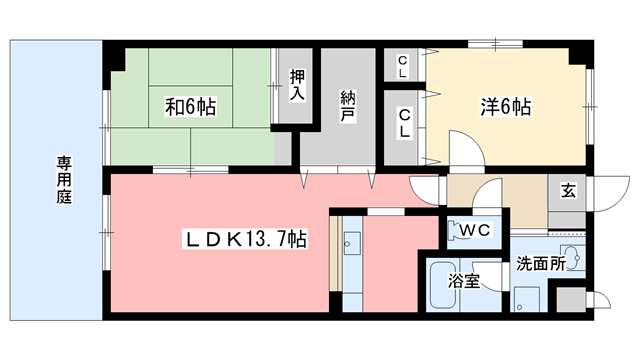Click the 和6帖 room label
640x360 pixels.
190,104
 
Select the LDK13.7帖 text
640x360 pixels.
243,240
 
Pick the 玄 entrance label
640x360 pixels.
567,190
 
